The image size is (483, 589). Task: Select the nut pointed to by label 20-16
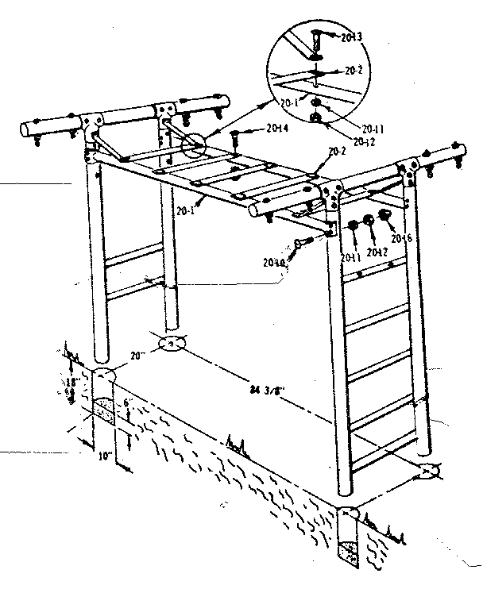click(384, 216)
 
